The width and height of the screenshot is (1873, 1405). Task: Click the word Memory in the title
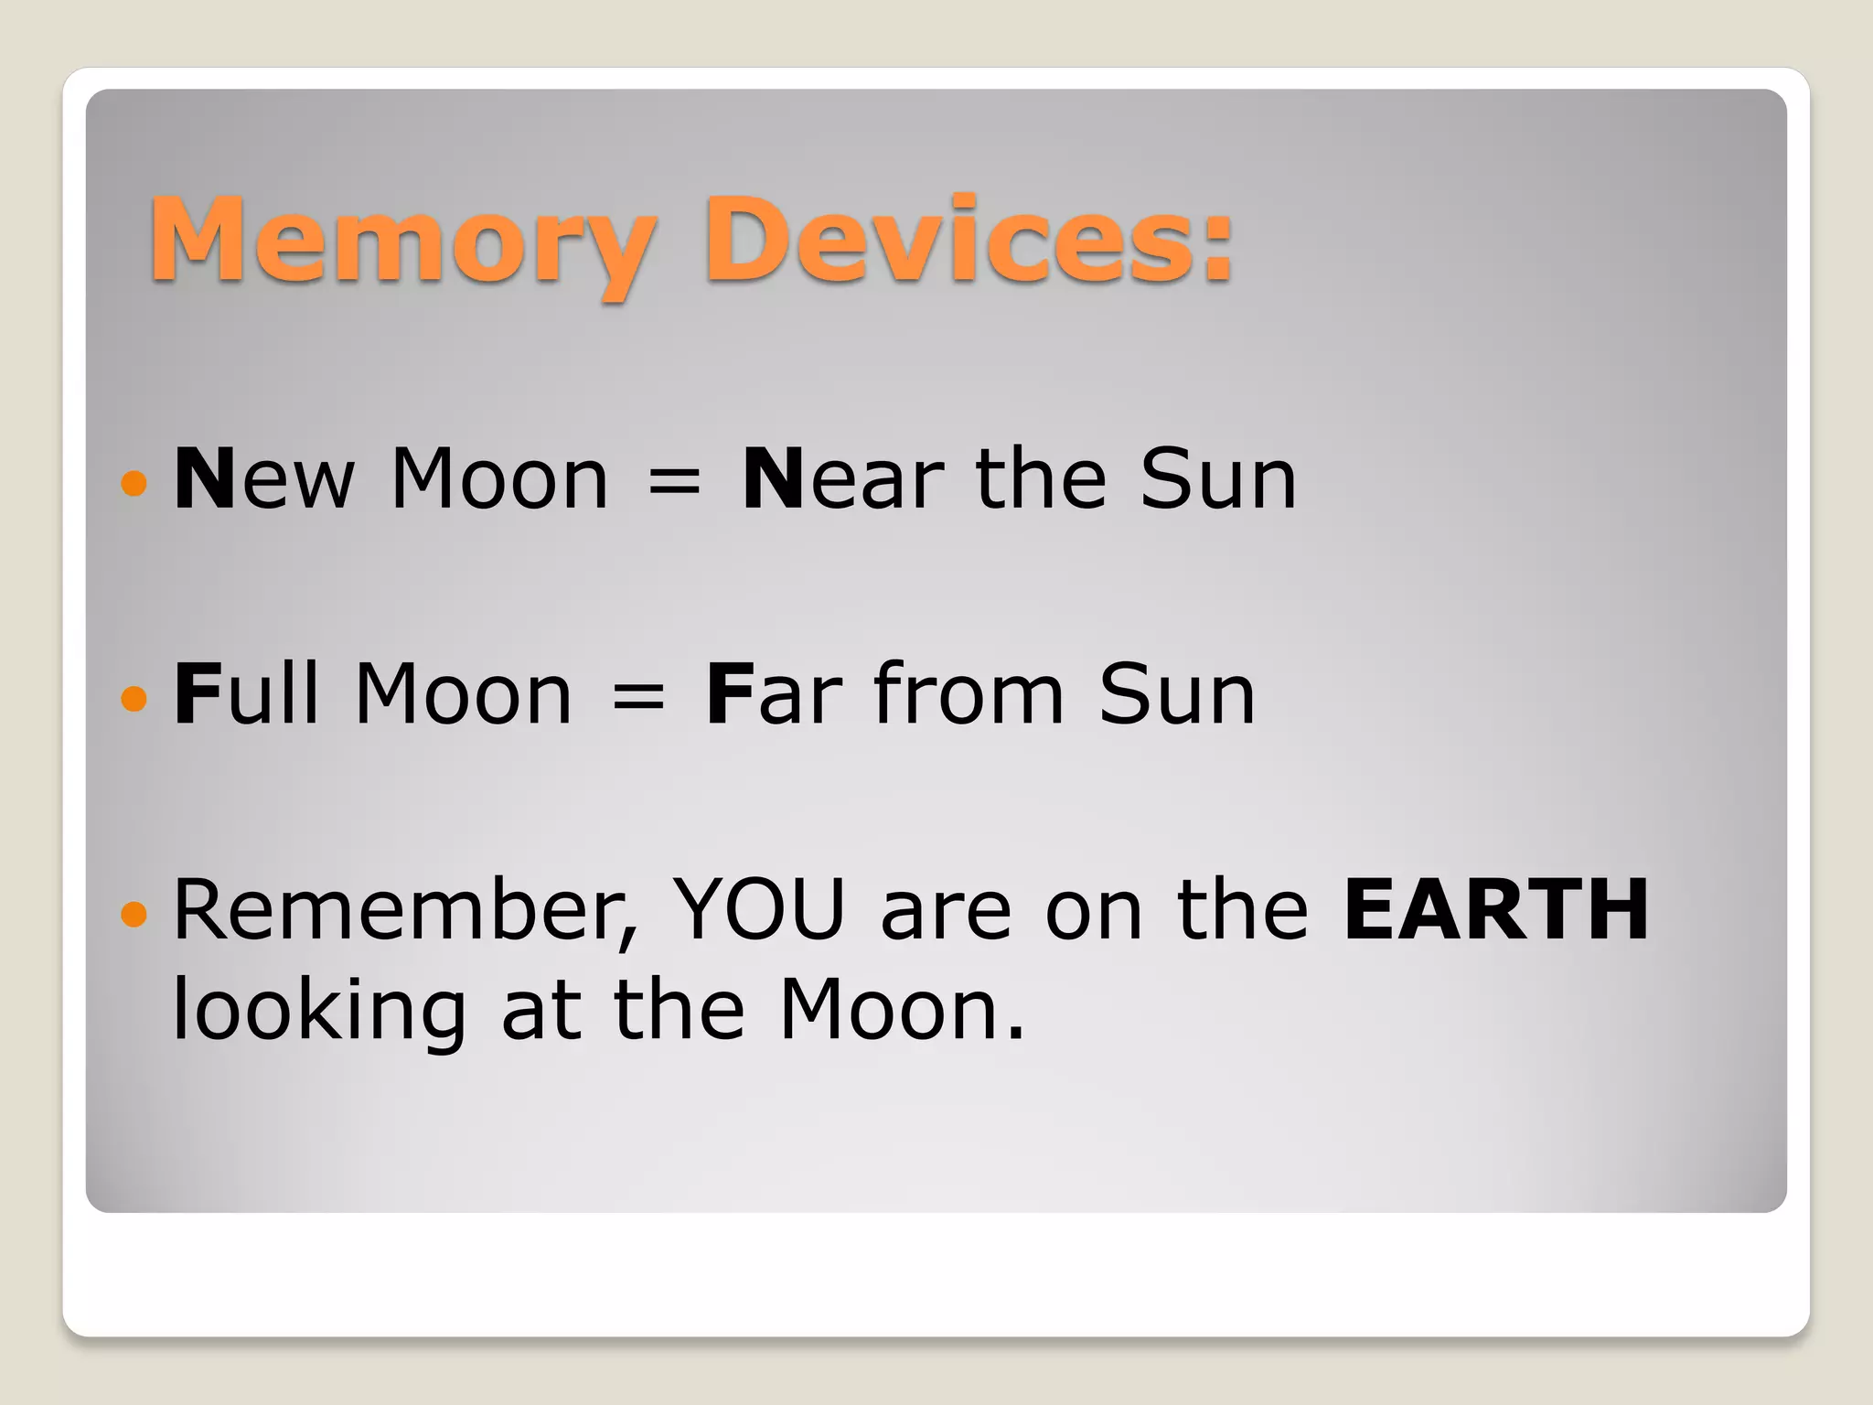[x=402, y=242]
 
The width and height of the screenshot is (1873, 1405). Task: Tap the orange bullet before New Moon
[x=134, y=482]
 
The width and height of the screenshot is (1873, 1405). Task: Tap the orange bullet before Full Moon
[x=134, y=698]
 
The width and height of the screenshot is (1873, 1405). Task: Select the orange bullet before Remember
[x=134, y=913]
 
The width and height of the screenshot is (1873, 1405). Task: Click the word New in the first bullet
[x=263, y=479]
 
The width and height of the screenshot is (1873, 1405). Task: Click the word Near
[x=842, y=479]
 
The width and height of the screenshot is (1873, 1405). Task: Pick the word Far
[x=774, y=695]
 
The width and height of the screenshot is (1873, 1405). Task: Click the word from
[x=969, y=694]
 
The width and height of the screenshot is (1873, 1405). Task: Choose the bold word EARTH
[x=1496, y=910]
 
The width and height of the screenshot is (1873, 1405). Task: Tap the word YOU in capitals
[x=758, y=910]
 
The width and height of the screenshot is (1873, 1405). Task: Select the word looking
[x=320, y=1012]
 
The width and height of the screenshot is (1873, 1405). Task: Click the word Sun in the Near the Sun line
[x=1217, y=479]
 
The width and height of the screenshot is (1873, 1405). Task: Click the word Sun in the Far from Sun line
[x=1176, y=695]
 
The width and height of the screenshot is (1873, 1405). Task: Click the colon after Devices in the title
[x=1216, y=252]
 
